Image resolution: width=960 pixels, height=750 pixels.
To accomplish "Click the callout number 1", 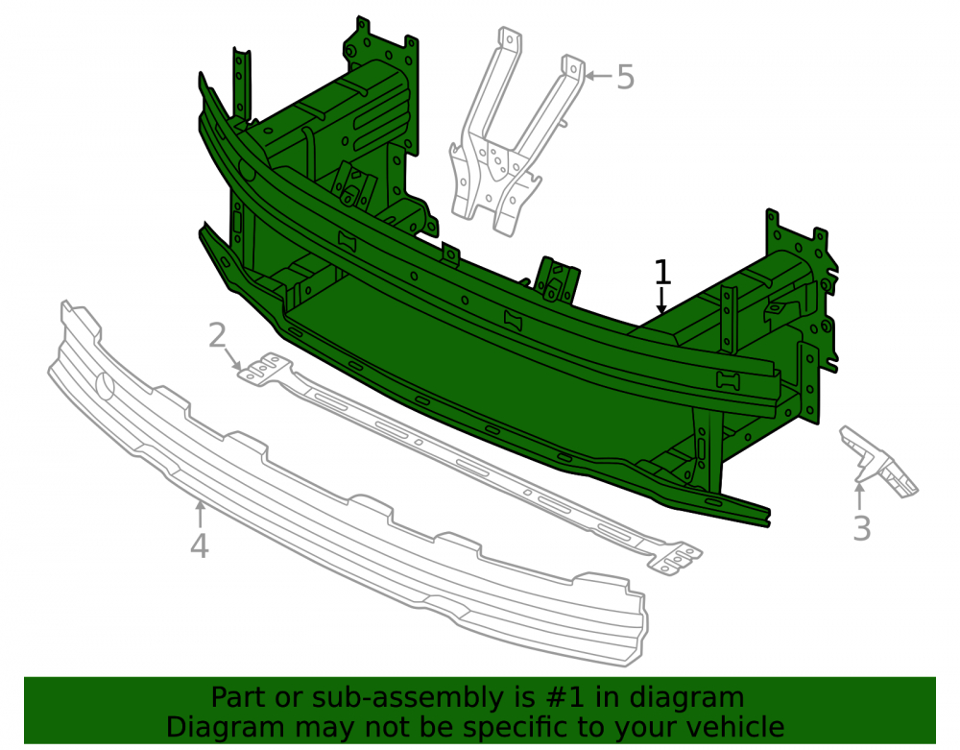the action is [662, 273].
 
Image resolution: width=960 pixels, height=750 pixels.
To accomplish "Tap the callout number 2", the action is [217, 335].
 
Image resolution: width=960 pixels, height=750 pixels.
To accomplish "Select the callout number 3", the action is [862, 528].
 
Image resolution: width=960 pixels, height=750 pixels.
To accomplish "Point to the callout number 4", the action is [200, 545].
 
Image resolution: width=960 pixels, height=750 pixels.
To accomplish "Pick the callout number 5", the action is [625, 77].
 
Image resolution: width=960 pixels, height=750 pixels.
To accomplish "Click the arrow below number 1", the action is [661, 301].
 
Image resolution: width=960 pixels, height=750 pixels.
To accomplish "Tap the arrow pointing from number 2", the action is [232, 359].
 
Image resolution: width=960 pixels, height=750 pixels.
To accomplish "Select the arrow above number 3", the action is [860, 496].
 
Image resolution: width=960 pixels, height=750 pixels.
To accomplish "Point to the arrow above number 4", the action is [200, 515].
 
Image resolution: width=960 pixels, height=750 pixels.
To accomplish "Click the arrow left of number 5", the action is [598, 76].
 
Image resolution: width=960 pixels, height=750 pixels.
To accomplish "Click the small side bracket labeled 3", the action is [877, 459].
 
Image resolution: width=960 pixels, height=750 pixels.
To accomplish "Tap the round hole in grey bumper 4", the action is [106, 386].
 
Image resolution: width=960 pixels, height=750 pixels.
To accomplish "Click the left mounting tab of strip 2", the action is [264, 369].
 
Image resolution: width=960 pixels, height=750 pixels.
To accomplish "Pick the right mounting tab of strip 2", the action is [675, 558].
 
